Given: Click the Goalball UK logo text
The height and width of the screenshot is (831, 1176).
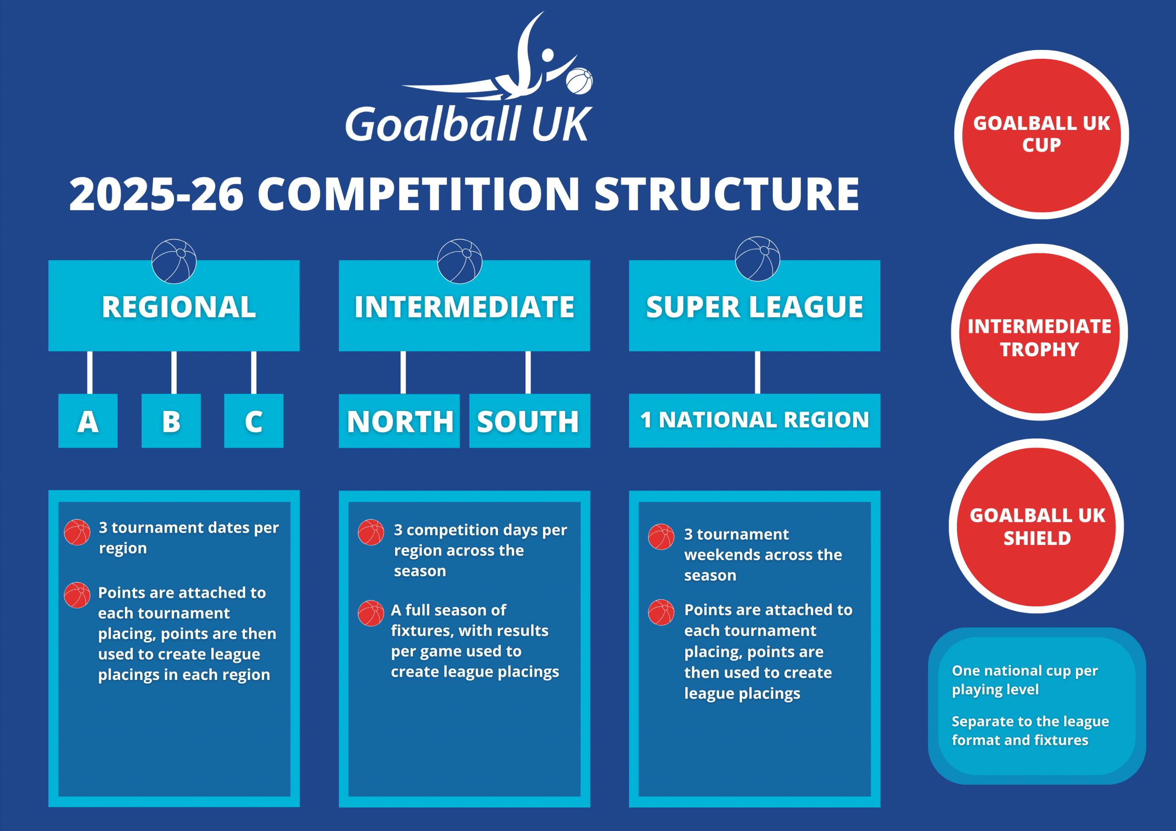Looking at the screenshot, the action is tap(469, 124).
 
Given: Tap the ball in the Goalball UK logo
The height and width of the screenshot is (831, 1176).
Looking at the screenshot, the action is tap(579, 81).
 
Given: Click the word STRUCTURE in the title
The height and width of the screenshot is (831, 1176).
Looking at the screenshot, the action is tap(727, 194).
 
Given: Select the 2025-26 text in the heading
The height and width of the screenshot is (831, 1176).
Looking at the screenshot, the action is tap(156, 194).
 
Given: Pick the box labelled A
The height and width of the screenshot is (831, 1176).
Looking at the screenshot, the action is tap(88, 421).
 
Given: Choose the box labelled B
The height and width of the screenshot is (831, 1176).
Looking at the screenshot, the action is tap(171, 421).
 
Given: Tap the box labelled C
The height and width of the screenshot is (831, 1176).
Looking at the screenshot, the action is tap(254, 421).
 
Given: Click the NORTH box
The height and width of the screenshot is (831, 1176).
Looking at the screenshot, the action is tap(399, 421).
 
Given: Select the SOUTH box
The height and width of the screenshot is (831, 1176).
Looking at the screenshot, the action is tap(530, 421).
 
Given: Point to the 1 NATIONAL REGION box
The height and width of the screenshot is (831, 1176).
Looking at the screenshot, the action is tap(754, 421).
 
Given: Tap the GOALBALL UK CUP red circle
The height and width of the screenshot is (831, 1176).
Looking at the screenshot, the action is tap(1041, 135).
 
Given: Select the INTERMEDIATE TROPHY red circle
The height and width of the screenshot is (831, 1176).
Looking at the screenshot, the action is tap(1039, 332).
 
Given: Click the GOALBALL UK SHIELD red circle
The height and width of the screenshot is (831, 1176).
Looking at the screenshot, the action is tap(1037, 526).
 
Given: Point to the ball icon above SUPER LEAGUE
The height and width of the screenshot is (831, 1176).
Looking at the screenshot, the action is tap(758, 258).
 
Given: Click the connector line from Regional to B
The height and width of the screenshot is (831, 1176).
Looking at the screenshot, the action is tap(174, 372).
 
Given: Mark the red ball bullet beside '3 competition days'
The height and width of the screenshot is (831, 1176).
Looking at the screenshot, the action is tap(371, 533).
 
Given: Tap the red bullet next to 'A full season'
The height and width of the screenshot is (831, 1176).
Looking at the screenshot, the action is tap(371, 613).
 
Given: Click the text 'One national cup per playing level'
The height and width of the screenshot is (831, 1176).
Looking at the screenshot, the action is tap(1024, 680).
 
